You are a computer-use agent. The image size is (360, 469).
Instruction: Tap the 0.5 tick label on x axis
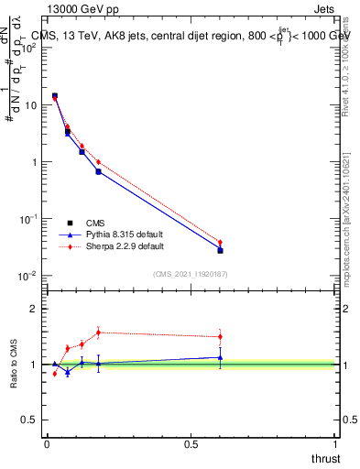click(191, 443)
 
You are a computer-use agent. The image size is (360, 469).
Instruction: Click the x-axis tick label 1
click(335, 443)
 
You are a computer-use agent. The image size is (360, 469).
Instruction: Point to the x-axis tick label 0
click(47, 443)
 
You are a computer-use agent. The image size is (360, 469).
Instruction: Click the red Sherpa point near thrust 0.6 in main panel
click(220, 243)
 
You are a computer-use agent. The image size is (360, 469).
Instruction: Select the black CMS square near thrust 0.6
click(220, 250)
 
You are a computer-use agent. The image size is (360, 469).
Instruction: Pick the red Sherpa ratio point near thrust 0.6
click(220, 336)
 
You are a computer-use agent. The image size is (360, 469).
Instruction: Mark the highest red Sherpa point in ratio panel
click(98, 333)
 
